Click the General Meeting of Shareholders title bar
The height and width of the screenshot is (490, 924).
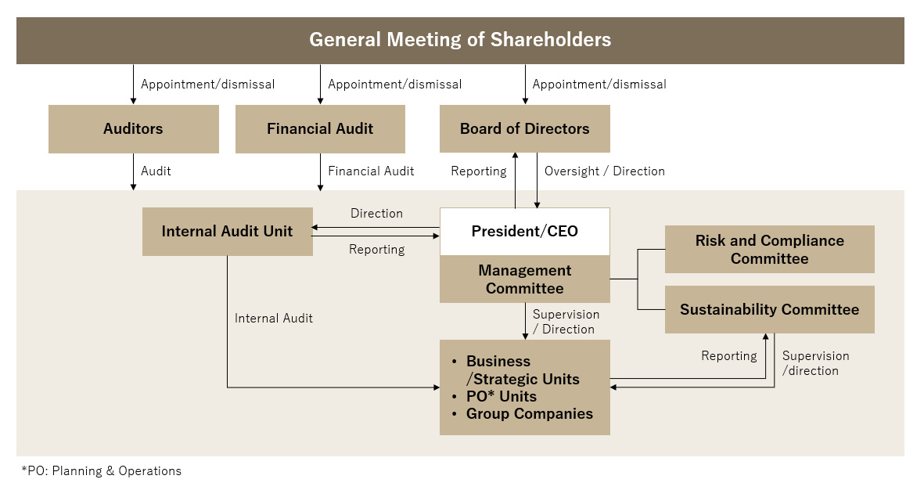pyautogui.click(x=460, y=40)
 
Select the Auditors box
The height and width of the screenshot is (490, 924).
pyautogui.click(x=133, y=128)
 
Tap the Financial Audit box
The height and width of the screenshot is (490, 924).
pyautogui.click(x=320, y=128)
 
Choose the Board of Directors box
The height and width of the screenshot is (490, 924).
pyautogui.click(x=524, y=128)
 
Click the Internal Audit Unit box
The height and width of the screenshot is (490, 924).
pyautogui.click(x=228, y=231)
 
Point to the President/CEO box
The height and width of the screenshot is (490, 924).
pyautogui.click(x=524, y=231)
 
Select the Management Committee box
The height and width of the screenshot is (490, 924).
pyautogui.click(x=524, y=279)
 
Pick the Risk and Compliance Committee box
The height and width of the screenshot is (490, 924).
pyautogui.click(x=770, y=250)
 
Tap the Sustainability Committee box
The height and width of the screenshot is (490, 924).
pyautogui.click(x=770, y=309)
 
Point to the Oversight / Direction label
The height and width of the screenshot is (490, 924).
pyautogui.click(x=605, y=171)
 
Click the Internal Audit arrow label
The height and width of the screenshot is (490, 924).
pyautogui.click(x=273, y=319)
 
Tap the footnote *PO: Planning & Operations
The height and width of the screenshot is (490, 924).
pyautogui.click(x=102, y=470)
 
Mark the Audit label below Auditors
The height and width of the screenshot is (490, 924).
pyautogui.click(x=156, y=171)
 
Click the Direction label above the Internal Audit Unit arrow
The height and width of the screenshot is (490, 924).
pyautogui.click(x=376, y=214)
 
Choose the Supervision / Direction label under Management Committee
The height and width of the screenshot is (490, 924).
pyautogui.click(x=566, y=322)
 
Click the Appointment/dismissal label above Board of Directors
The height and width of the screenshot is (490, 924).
pyautogui.click(x=599, y=85)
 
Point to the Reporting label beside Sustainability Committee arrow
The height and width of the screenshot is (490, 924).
pyautogui.click(x=729, y=356)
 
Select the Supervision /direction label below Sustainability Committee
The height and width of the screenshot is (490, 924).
pyautogui.click(x=815, y=363)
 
